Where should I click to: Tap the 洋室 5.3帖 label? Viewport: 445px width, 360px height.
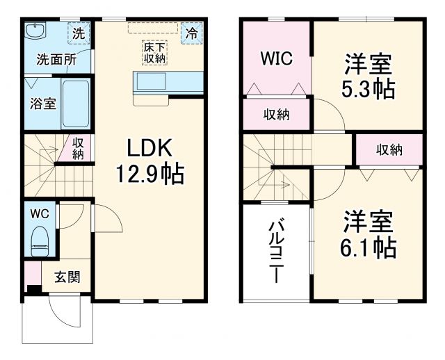click(x=369, y=76)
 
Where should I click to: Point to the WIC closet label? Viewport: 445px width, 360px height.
click(x=276, y=58)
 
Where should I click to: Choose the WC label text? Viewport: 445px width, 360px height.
click(x=39, y=213)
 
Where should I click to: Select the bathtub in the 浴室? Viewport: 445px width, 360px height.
click(x=76, y=104)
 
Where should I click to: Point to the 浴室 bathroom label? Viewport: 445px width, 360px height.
click(x=43, y=104)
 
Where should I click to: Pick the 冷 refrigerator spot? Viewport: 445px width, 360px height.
click(x=191, y=32)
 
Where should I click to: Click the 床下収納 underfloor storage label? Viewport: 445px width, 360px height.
click(x=154, y=54)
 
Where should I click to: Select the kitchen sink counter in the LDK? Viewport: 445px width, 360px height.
click(x=167, y=83)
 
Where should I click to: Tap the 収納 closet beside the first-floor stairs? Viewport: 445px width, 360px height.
click(x=79, y=149)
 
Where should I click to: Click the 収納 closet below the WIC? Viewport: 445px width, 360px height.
click(x=276, y=115)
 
